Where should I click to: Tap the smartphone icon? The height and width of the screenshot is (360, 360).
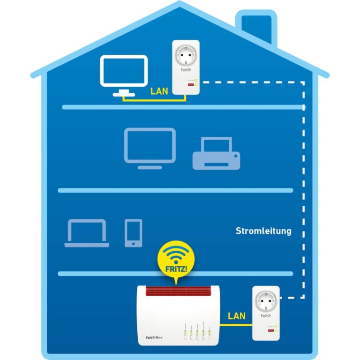coord(133,232)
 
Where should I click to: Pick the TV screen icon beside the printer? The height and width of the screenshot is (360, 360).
coord(150,146)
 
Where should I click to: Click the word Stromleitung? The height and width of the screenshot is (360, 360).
coord(263,231)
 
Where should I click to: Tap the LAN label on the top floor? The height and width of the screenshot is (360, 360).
coord(159,91)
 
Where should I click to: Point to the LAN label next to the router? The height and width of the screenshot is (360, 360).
coord(237,315)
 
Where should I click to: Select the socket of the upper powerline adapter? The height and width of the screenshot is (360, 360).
coord(186,55)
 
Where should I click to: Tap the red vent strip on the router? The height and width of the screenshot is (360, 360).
coord(177,291)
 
